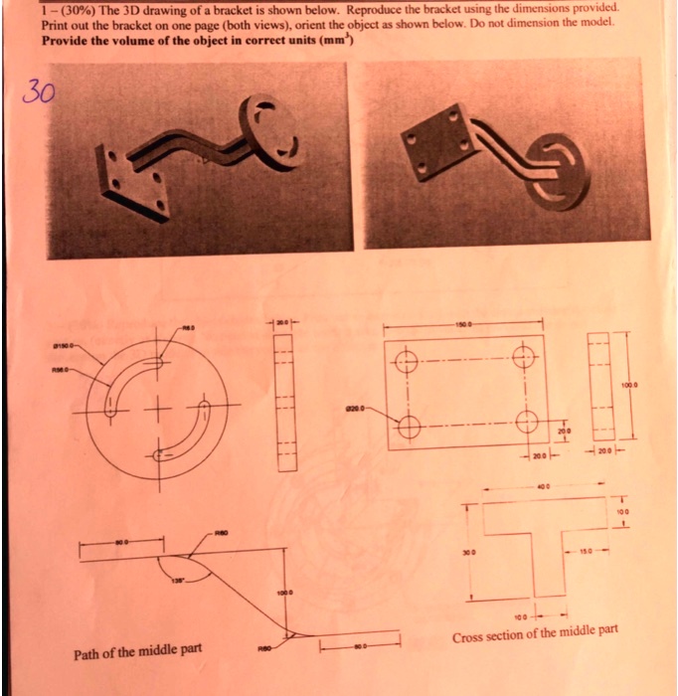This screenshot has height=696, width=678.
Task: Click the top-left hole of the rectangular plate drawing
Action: click(x=407, y=362)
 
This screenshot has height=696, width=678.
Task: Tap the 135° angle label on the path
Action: click(x=180, y=578)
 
